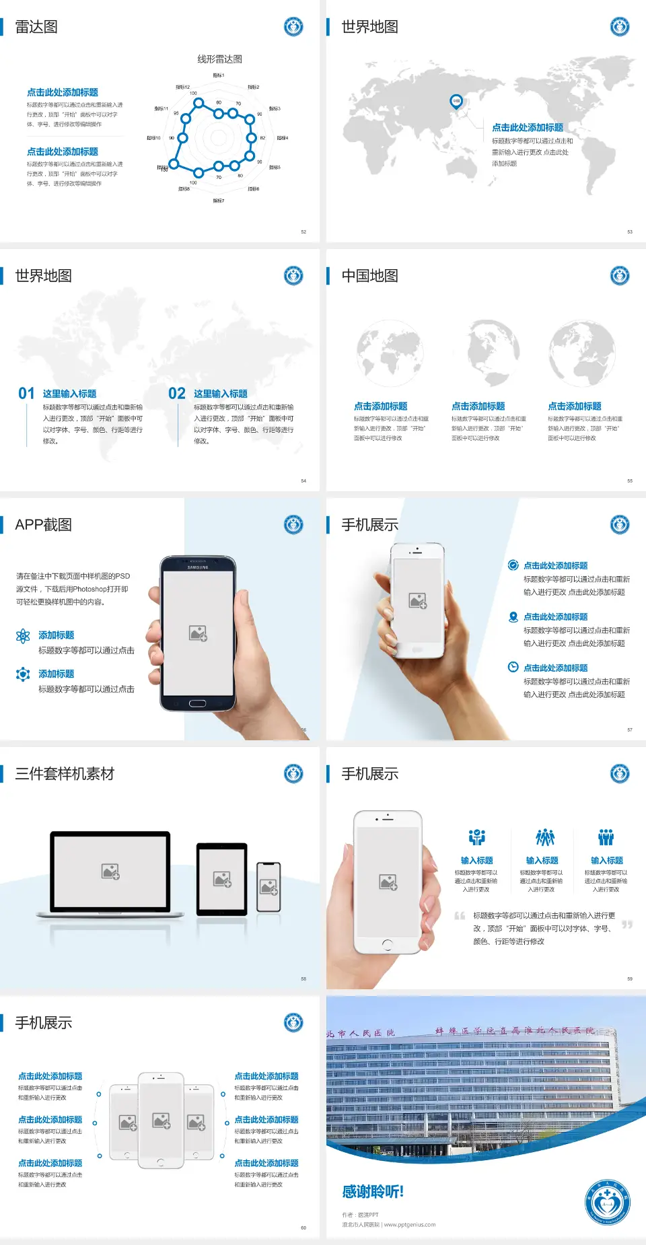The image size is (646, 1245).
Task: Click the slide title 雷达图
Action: coord(36,27)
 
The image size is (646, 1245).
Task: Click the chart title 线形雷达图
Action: coord(219,59)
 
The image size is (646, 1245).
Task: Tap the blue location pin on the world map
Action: coord(456,102)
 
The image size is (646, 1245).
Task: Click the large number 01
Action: coord(26,394)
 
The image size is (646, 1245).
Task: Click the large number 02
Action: coord(177,394)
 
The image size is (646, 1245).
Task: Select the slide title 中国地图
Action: coord(369,276)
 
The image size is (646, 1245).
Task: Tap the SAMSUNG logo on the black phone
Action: coord(198,567)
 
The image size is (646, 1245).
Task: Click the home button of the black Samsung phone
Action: coord(197,703)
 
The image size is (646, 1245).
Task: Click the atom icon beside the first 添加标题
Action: coord(23,636)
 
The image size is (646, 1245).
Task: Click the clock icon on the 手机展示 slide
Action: coord(513,667)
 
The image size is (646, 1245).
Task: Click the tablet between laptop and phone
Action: coord(222,878)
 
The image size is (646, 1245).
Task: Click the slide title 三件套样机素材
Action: coord(65,774)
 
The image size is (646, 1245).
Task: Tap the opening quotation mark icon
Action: coord(460,916)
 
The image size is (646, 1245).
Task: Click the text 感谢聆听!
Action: coord(373,1192)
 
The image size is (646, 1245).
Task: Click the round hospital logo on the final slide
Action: coord(607,1202)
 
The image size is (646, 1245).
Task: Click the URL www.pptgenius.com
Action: coord(410,1225)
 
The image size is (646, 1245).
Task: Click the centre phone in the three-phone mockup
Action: coord(161,1120)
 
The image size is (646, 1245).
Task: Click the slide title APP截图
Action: coord(43,525)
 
